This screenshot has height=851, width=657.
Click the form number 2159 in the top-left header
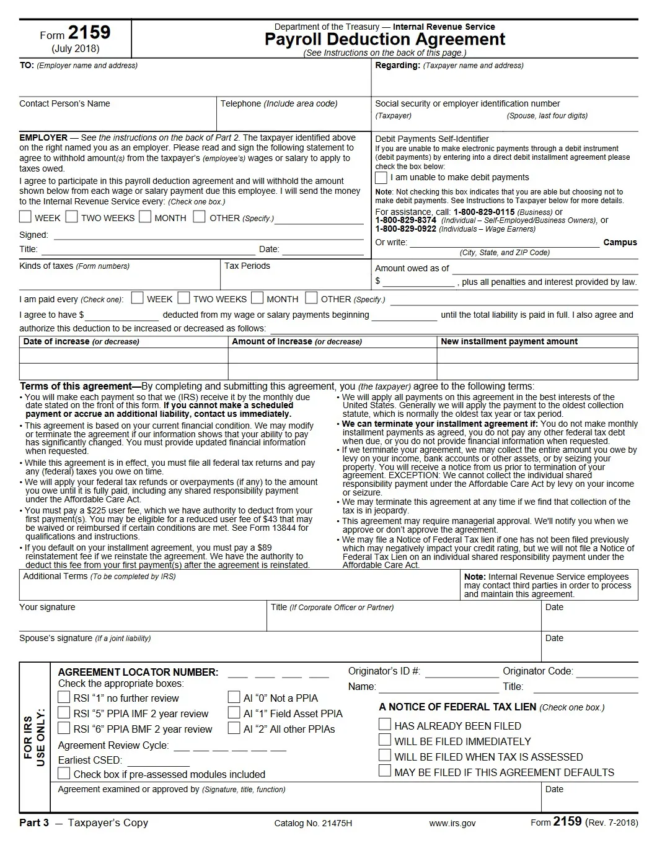pyautogui.click(x=89, y=33)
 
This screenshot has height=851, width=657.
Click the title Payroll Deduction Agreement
pyautogui.click(x=384, y=40)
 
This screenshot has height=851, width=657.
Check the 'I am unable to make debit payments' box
pyautogui.click(x=381, y=178)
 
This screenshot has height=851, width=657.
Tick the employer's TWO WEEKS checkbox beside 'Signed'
pyautogui.click(x=72, y=217)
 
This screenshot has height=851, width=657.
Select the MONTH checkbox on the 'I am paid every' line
pyautogui.click(x=257, y=298)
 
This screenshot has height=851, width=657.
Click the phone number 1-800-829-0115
pyautogui.click(x=484, y=212)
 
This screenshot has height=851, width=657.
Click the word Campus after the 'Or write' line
pyautogui.click(x=620, y=243)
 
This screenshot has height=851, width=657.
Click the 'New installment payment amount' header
pyautogui.click(x=509, y=342)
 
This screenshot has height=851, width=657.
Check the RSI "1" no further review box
pyautogui.click(x=64, y=697)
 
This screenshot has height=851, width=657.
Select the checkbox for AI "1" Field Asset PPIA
pyautogui.click(x=234, y=713)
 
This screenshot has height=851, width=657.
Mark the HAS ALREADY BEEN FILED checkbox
pyautogui.click(x=385, y=725)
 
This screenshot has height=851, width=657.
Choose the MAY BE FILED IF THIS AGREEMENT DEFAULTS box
pyautogui.click(x=385, y=771)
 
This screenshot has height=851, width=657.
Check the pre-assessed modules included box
pyautogui.click(x=64, y=774)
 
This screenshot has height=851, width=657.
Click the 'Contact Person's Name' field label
pyautogui.click(x=64, y=104)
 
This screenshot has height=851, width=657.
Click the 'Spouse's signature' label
pyautogui.click(x=56, y=639)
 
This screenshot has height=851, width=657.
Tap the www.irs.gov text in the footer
pyautogui.click(x=452, y=823)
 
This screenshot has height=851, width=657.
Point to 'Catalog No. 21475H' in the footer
pyautogui.click(x=313, y=823)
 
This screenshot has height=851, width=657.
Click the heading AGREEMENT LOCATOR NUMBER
pyautogui.click(x=138, y=673)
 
